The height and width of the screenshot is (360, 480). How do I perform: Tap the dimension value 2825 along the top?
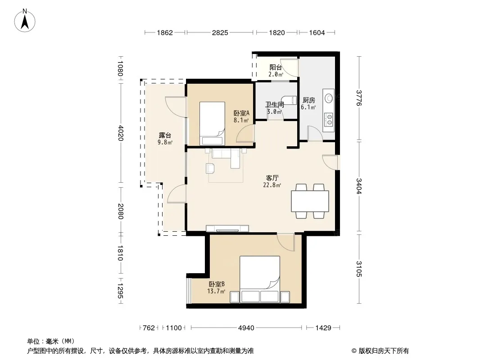tap(220, 32)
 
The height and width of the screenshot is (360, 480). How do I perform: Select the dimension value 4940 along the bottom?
tap(246, 328)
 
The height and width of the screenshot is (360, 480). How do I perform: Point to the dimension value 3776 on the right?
tap(359, 98)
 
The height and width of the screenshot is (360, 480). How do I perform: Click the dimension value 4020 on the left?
tap(120, 133)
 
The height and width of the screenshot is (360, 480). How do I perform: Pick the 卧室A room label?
tap(241, 113)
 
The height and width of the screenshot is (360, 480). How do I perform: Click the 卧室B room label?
tap(217, 284)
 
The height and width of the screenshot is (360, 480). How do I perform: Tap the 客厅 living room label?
tap(272, 178)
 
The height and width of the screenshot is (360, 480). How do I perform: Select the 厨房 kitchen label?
tap(308, 100)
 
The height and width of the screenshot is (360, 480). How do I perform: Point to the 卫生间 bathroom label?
tap(275, 104)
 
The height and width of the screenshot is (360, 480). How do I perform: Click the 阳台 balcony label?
tap(276, 67)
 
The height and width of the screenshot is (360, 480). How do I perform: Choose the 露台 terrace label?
tap(165, 135)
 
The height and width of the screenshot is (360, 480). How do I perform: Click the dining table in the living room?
tap(310, 201)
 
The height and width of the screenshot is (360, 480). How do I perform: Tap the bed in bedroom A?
tap(212, 124)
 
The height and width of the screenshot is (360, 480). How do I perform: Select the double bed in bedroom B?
tap(260, 279)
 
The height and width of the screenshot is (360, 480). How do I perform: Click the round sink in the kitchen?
tap(329, 98)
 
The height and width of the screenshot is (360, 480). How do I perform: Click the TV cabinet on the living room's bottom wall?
tap(227, 229)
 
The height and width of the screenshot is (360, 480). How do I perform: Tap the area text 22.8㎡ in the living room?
tap(272, 185)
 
